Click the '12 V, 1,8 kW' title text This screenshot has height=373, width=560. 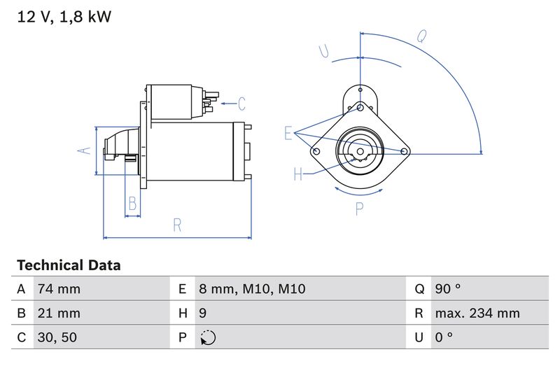point(64,17)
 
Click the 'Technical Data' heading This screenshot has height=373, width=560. point(69,265)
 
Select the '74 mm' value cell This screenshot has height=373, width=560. point(59,289)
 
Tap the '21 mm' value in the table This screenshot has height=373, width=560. point(59,313)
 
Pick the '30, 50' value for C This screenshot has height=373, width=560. point(57,337)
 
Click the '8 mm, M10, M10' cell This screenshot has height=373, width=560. point(252,289)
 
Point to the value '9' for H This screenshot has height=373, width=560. point(203,313)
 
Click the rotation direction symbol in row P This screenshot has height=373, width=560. point(208,337)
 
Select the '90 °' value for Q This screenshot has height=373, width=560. point(447,289)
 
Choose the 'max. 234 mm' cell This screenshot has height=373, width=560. point(477,313)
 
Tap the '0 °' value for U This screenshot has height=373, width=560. point(443,337)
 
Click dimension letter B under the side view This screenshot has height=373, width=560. point(132,204)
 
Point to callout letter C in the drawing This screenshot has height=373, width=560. point(241,104)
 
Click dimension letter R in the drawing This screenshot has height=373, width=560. point(177,225)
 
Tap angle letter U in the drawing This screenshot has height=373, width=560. point(323,50)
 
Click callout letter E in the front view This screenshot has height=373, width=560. point(288,133)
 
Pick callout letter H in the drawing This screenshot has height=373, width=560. point(298,174)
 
